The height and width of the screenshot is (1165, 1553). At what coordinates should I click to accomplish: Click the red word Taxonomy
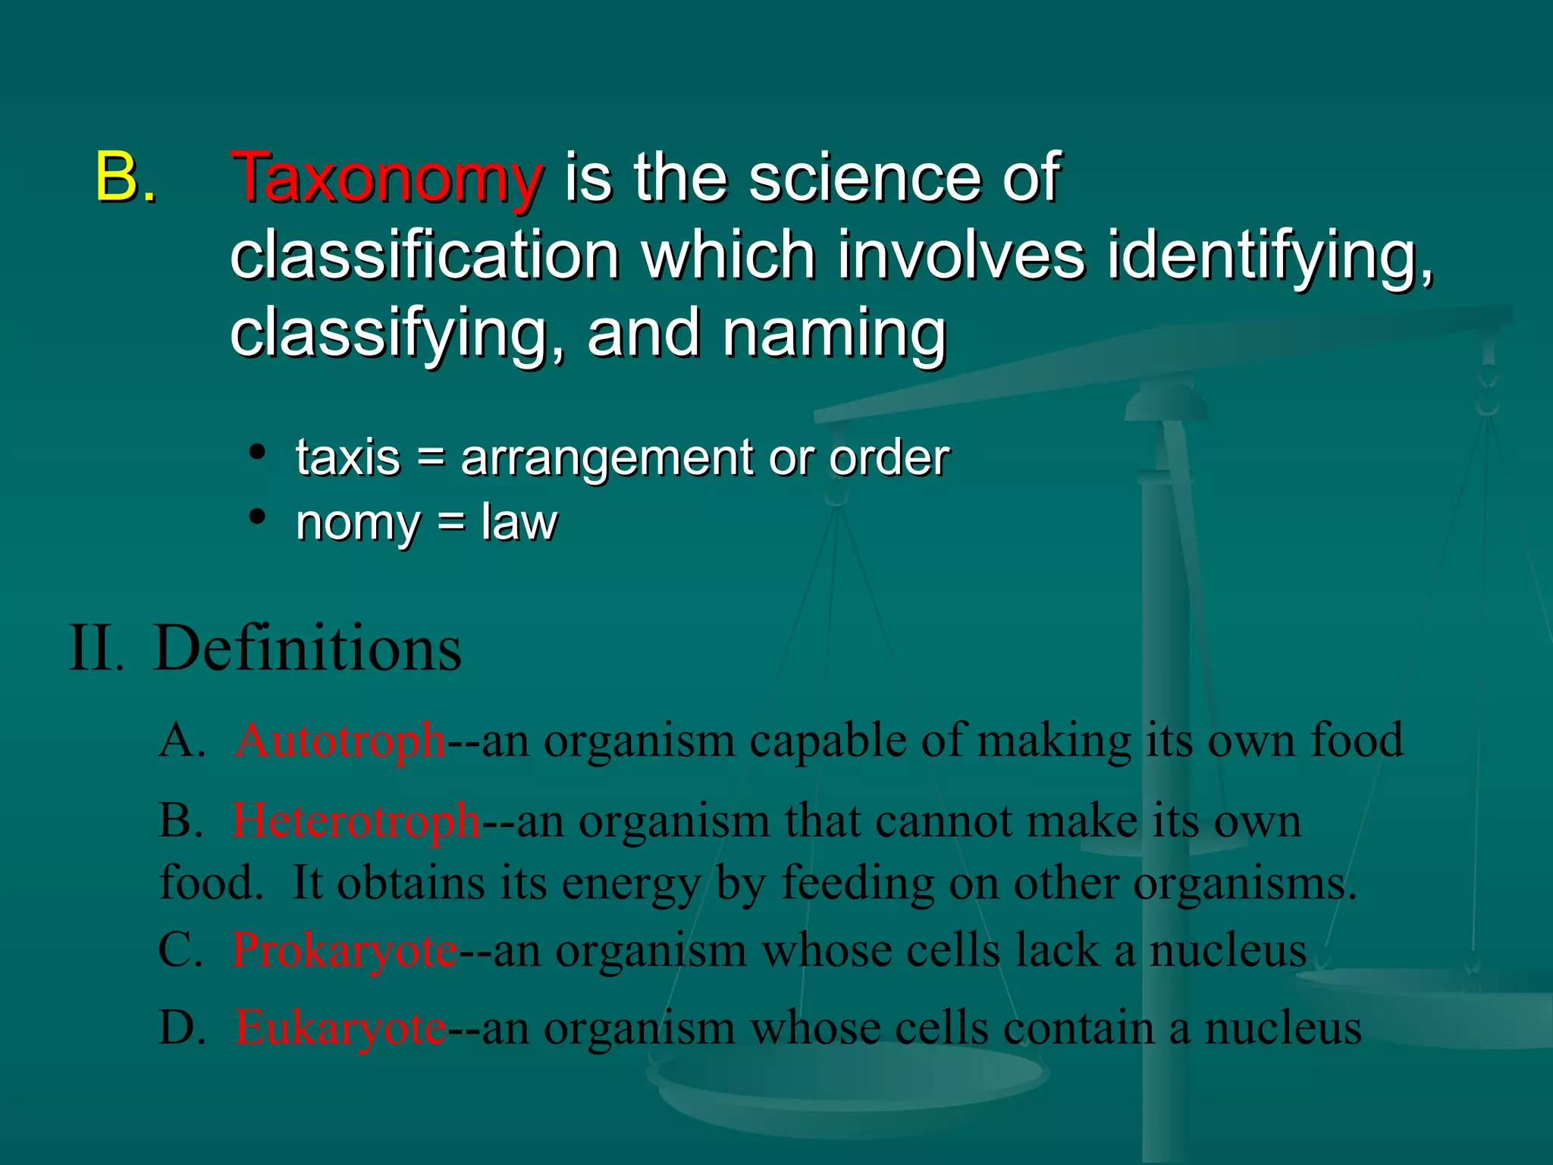387,178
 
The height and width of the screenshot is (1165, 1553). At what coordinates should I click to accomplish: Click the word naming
834,335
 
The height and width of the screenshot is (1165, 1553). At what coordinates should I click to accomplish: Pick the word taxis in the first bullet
348,458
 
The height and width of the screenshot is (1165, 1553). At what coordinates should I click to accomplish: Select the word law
519,523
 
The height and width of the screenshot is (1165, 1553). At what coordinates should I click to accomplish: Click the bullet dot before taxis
258,453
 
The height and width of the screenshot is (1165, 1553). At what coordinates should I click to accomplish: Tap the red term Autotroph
340,740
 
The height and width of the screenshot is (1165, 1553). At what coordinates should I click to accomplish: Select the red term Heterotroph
356,821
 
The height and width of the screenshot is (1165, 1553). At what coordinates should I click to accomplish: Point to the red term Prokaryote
345,950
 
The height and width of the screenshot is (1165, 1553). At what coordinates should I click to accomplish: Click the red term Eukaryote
340,1029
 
